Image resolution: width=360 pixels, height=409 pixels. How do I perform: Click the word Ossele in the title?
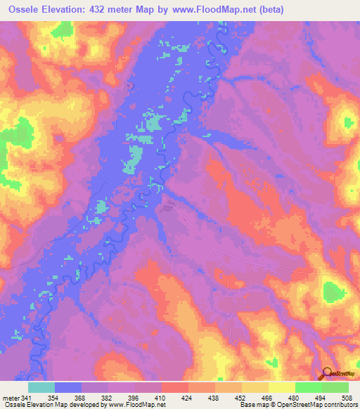(x=25, y=10)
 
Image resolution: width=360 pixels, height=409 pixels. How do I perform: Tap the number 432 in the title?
(x=117, y=10)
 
